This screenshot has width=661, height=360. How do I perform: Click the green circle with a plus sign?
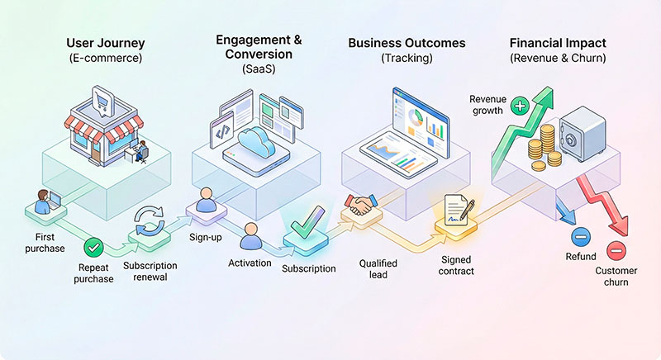(520, 106)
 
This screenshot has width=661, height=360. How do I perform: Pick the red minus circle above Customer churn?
(615, 250)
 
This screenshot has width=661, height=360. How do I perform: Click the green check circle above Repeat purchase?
(94, 246)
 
